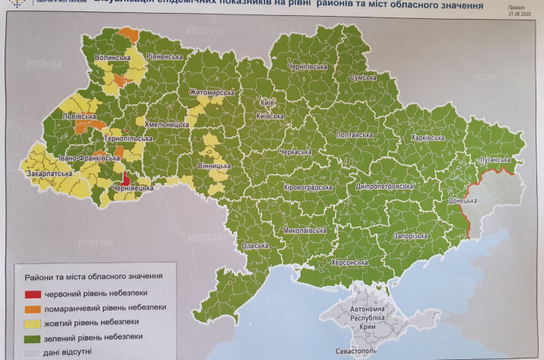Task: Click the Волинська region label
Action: pyautogui.click(x=113, y=58)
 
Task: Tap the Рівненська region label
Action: pyautogui.click(x=164, y=56)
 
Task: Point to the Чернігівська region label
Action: pyautogui.click(x=307, y=67)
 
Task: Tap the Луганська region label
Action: pyautogui.click(x=498, y=161)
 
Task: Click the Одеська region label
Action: pyautogui.click(x=256, y=246)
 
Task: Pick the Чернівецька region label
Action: pyautogui.click(x=132, y=188)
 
